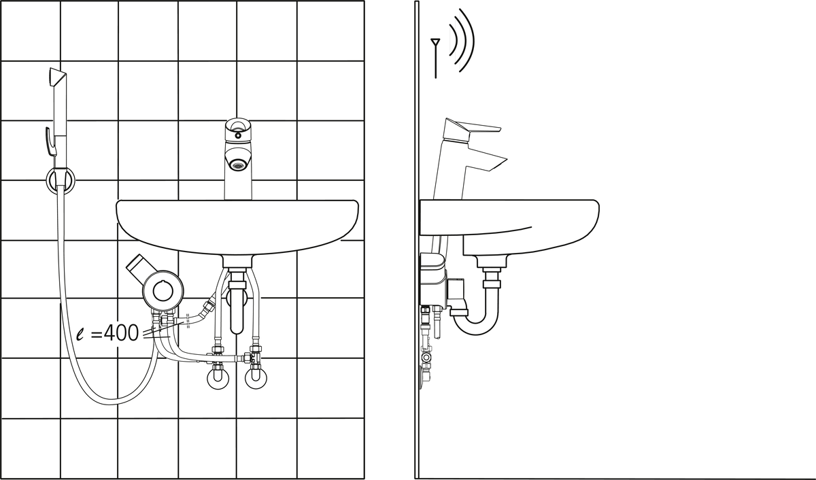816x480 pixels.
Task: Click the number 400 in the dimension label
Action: click(x=121, y=333)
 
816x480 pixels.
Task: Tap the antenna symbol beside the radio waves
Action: click(x=435, y=58)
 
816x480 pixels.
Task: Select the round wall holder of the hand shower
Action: click(x=61, y=179)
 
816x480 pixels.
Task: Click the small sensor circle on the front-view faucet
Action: click(x=237, y=135)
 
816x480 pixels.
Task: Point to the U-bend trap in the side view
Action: click(x=476, y=319)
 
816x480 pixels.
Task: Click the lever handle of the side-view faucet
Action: click(x=472, y=128)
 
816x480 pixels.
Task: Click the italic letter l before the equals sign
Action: click(x=80, y=334)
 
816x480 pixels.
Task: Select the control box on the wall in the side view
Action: click(x=432, y=279)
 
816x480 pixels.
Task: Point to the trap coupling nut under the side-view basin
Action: click(x=492, y=285)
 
